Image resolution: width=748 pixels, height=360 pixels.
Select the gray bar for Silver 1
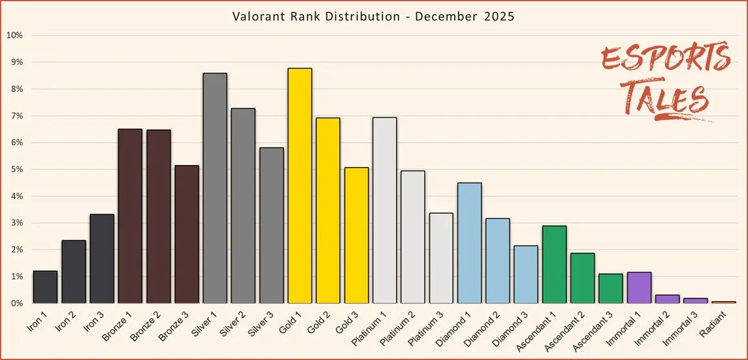click(x=215, y=188)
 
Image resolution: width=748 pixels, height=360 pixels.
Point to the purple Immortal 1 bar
click(x=639, y=287)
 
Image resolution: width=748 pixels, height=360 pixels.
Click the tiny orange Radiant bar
click(x=724, y=302)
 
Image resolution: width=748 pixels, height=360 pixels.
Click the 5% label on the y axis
click(x=16, y=170)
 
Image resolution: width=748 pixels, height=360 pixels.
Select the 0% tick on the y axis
click(x=16, y=303)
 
